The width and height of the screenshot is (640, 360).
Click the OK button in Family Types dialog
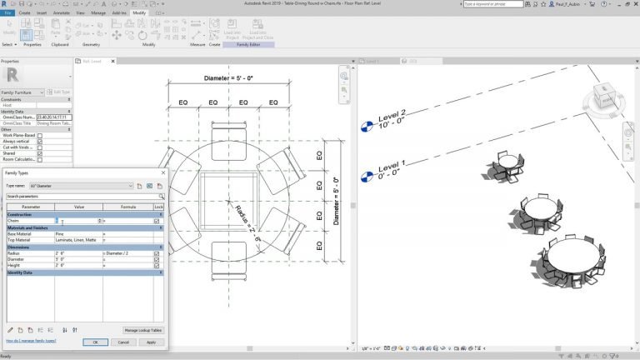(x=95, y=342)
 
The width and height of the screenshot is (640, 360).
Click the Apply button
(x=151, y=342)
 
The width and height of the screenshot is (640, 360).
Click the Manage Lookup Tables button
(x=142, y=330)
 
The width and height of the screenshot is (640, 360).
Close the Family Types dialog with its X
(x=162, y=172)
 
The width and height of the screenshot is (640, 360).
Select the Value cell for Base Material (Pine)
(x=78, y=233)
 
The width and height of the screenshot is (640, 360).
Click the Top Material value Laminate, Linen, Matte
(x=78, y=240)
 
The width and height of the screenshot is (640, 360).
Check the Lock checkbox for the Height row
(x=157, y=265)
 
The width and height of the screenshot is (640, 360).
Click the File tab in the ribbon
(x=7, y=13)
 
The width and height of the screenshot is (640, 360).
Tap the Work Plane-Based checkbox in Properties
(x=39, y=135)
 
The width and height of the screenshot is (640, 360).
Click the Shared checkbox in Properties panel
(x=39, y=154)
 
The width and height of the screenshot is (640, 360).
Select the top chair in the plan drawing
(x=227, y=136)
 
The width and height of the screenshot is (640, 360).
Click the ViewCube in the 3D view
(x=605, y=96)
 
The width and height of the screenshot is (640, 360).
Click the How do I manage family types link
(x=32, y=342)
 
